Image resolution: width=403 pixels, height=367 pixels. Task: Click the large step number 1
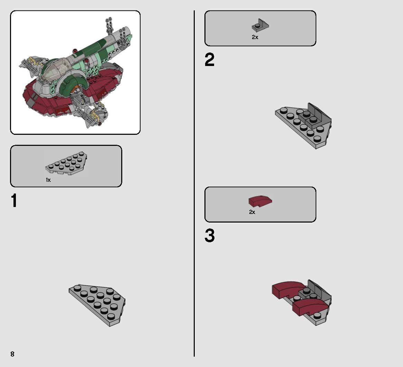click(14, 201)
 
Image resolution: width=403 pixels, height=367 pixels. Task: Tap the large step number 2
click(209, 60)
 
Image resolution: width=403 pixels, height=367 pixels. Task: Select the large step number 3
click(209, 236)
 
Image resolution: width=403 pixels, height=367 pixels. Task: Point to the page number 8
click(12, 354)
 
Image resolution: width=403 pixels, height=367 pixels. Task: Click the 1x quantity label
click(48, 180)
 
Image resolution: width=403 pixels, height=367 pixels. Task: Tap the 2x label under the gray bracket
click(255, 37)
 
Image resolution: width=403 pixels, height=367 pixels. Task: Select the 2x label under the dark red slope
click(252, 212)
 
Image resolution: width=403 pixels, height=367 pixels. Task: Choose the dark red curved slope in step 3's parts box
click(260, 201)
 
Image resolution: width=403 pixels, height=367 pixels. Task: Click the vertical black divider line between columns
click(194, 183)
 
